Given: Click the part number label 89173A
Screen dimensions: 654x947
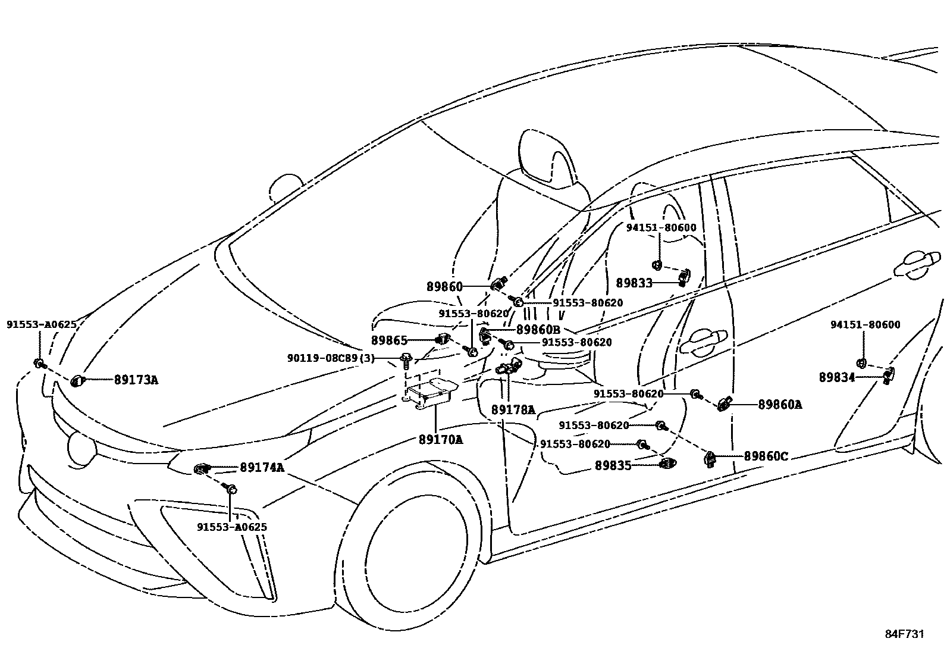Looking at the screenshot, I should pos(136,380).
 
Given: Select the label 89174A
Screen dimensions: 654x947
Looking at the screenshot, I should pos(262,468).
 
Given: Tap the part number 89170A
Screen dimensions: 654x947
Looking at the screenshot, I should pos(440,440).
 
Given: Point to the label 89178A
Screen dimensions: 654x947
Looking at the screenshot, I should pos(513,410).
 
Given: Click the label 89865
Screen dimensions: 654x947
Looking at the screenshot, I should pos(390,340).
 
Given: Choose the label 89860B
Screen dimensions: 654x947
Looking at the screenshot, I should pos(538,330).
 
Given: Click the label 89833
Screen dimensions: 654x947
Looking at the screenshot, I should pos(634,283).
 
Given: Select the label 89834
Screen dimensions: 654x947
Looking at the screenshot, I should pos(837,377).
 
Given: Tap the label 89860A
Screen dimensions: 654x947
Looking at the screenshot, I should pos(780,405).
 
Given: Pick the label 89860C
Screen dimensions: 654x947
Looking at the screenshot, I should pos(766,456).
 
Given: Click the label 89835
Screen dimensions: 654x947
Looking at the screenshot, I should pos(613,466).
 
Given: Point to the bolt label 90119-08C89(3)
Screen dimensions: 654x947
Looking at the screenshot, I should pos(331,358).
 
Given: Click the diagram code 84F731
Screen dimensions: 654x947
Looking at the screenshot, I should pos(904,634).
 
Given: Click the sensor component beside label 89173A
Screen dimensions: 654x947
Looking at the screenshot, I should pos(77,381).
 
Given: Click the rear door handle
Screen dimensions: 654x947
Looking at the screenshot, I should pos(918,264).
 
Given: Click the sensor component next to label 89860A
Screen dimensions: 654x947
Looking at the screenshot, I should pos(725,404).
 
